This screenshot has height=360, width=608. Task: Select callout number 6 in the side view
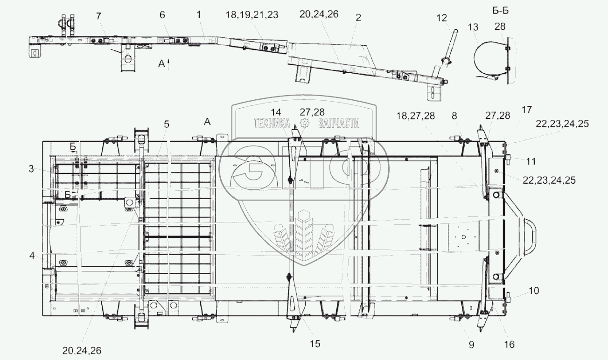pyautogui.click(x=162, y=14)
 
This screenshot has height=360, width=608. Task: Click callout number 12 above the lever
pyautogui.click(x=441, y=18)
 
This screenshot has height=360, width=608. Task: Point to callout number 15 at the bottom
pyautogui.click(x=315, y=344)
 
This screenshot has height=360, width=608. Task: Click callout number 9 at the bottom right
pyautogui.click(x=471, y=345)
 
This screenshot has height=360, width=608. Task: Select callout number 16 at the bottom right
pyautogui.click(x=509, y=345)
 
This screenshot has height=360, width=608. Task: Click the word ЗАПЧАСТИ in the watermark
pyautogui.click(x=339, y=123)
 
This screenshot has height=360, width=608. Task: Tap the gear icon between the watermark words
pyautogui.click(x=305, y=123)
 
